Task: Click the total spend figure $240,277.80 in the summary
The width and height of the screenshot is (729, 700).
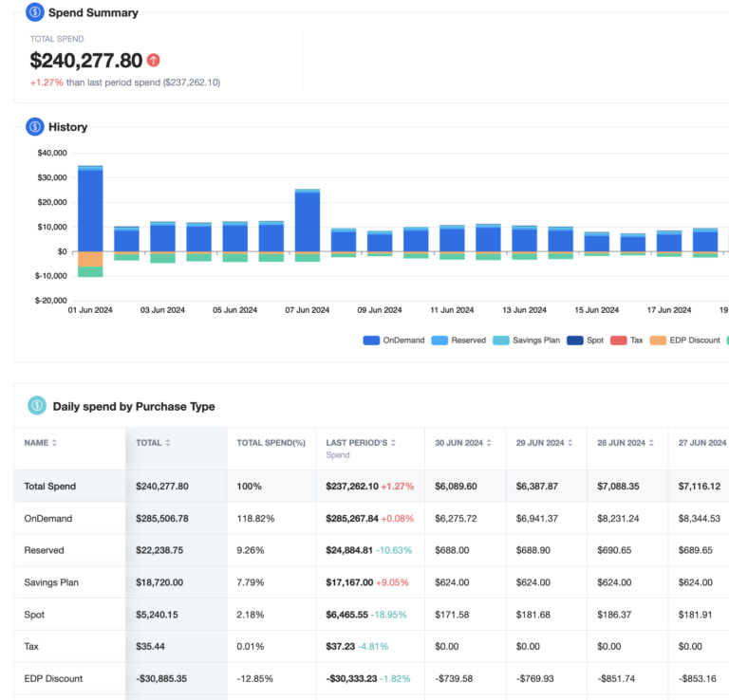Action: point(86,61)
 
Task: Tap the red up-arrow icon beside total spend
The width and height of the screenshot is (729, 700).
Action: point(154,61)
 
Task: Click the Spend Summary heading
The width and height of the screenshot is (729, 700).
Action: point(93,13)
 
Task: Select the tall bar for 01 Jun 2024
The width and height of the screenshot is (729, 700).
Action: point(90,209)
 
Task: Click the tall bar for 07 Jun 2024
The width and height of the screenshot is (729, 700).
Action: point(308,220)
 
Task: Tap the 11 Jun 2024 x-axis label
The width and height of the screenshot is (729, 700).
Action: point(452,310)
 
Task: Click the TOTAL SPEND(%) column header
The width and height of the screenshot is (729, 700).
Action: point(270,443)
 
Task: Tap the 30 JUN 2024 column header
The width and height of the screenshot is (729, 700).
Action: point(458,443)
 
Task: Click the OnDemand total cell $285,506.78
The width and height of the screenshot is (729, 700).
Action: point(162,519)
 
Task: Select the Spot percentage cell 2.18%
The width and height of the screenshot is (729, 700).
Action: point(250,616)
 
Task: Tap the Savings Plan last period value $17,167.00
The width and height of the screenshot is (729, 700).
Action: point(353,583)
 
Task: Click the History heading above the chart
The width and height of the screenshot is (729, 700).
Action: point(67,127)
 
